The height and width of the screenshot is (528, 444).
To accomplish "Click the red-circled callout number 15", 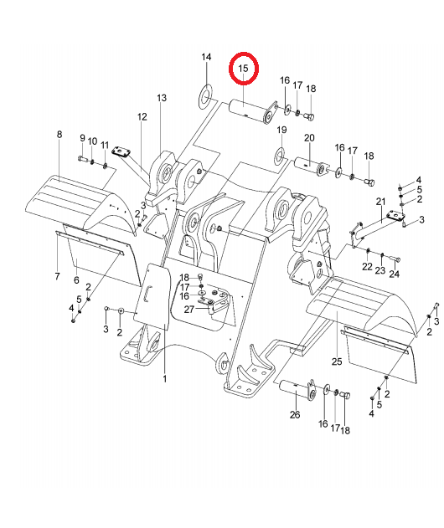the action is [243, 69].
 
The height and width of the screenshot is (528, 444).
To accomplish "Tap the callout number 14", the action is [206, 57].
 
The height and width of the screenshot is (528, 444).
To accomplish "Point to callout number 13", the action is [162, 98].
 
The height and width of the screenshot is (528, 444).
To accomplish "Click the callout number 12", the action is [142, 116].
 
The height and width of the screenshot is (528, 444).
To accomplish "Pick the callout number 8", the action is [59, 135].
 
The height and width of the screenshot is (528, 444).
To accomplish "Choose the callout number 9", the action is [82, 138].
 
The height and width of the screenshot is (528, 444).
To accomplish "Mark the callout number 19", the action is [281, 130].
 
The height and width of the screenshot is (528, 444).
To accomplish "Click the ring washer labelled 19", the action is [280, 155].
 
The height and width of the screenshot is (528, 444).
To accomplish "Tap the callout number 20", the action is [309, 138].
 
